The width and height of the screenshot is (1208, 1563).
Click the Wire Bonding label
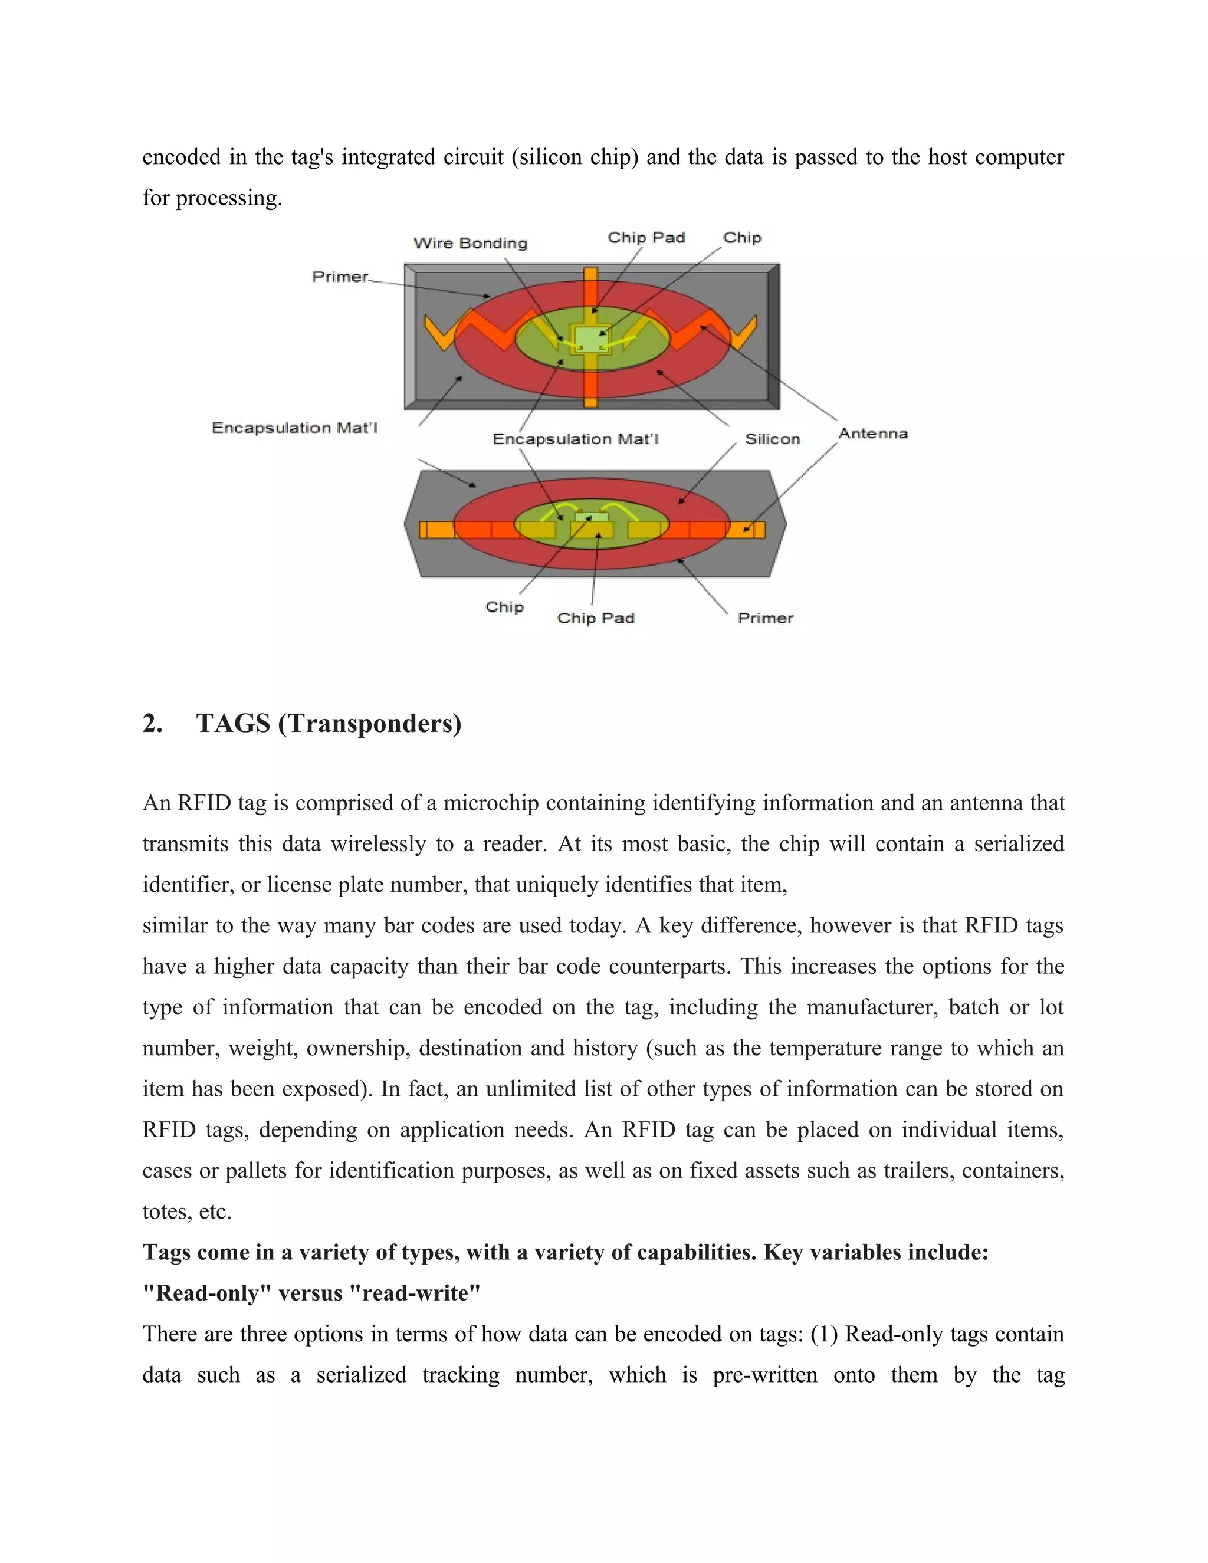(470, 244)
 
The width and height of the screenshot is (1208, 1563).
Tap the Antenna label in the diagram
(872, 433)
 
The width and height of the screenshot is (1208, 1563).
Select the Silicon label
(772, 439)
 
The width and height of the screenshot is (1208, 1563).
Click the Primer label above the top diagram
(340, 277)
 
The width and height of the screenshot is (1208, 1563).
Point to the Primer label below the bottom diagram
(765, 618)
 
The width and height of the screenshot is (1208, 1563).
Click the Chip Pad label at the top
(646, 238)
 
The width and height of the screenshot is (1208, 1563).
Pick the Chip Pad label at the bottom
(595, 618)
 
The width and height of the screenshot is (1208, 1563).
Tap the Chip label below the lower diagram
(504, 607)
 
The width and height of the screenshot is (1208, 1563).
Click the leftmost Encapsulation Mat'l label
(294, 428)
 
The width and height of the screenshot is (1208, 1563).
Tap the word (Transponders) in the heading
(369, 724)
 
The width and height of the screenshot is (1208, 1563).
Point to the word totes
(167, 1211)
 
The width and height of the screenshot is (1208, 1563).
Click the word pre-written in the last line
(764, 1375)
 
